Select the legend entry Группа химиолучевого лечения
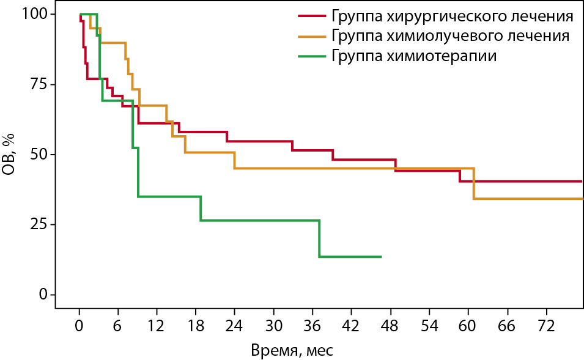coord(450,35)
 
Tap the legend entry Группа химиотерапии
coord(413,56)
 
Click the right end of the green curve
coord(381,257)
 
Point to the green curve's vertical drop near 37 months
coord(319,238)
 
